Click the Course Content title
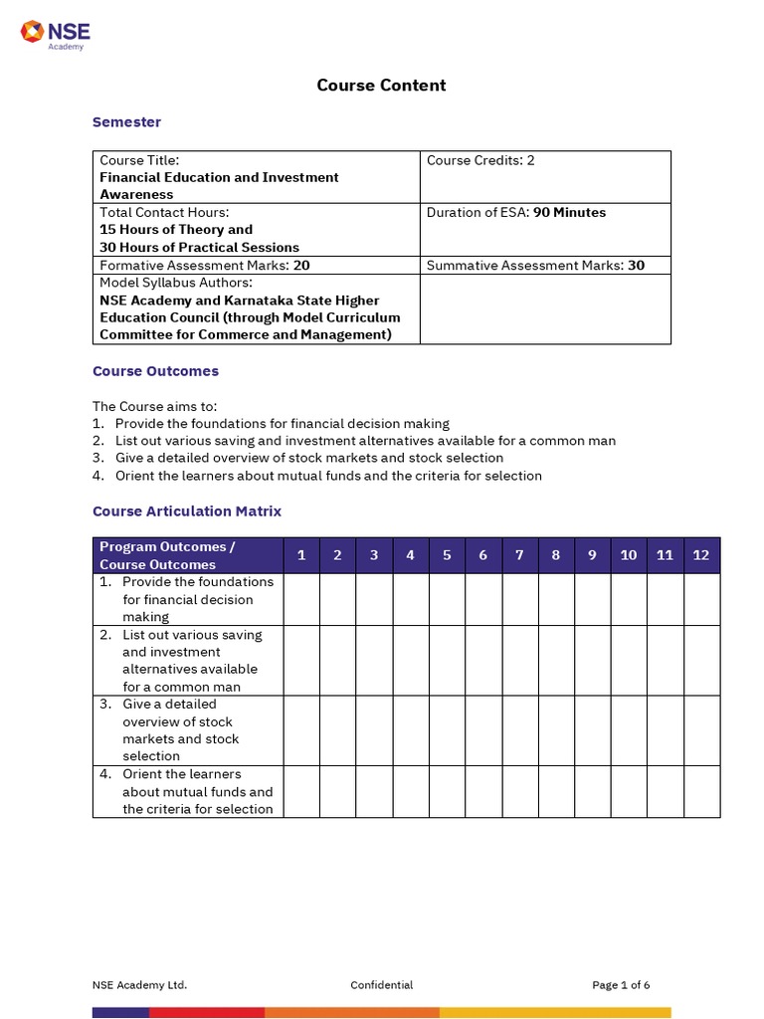381,86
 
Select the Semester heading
126,122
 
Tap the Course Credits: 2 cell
480,160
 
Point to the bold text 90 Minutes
569,212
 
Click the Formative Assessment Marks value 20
301,266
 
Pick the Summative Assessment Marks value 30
636,266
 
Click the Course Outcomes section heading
155,371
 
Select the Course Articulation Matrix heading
187,511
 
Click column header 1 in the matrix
301,555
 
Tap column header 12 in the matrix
701,555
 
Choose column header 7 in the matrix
519,555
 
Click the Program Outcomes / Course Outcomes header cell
167,555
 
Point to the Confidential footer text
381,985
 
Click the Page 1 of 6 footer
621,985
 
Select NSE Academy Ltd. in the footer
140,985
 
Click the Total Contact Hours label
164,212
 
